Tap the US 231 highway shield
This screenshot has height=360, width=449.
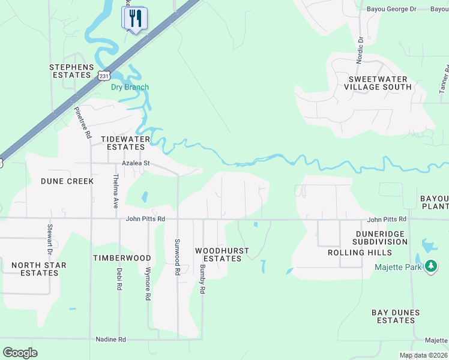(103, 75)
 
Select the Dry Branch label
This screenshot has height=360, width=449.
(130, 87)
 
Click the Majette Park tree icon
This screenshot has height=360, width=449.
(430, 266)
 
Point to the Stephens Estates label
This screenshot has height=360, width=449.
(71, 71)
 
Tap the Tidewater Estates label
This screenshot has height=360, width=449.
(125, 143)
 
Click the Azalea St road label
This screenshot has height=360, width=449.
(135, 163)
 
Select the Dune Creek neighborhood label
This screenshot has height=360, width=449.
(67, 181)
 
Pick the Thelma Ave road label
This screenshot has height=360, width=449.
(115, 191)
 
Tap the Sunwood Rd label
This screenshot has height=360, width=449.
(177, 256)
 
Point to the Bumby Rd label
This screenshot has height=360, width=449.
(202, 279)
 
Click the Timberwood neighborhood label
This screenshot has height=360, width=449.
(122, 257)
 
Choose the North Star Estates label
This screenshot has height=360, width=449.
(39, 269)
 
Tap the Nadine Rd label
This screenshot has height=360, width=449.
(110, 340)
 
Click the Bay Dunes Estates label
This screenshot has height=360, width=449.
(396, 316)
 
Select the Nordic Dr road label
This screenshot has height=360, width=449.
(360, 50)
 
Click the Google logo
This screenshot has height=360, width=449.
(20, 353)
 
